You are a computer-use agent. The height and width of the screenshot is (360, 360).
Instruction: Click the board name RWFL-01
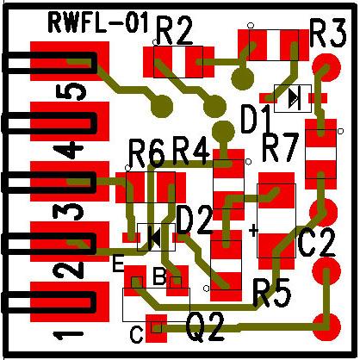coord(99,22)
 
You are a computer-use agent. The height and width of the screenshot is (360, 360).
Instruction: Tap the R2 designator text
coord(174,31)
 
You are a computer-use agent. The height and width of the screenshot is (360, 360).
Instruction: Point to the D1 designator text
coord(256,119)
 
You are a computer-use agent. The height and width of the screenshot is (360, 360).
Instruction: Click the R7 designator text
coord(280,148)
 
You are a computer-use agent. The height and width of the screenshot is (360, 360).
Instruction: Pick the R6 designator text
coord(147,153)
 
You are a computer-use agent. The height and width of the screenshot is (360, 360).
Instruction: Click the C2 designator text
coord(316,243)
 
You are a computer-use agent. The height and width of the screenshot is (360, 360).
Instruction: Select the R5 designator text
coord(271,292)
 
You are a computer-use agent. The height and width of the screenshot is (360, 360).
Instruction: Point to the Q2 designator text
coord(205,327)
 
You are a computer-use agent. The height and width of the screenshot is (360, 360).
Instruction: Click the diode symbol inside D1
coord(295,98)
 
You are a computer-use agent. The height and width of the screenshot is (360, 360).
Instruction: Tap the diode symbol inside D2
coord(154,238)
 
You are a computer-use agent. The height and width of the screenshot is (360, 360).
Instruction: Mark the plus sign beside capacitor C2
coord(253,230)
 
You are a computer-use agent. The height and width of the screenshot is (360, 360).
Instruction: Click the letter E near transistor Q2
coord(118,264)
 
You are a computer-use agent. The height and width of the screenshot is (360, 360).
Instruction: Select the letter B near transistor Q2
coord(159,276)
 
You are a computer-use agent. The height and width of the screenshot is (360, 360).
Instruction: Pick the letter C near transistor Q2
coord(136,334)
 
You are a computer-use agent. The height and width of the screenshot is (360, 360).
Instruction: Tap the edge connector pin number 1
coord(68,334)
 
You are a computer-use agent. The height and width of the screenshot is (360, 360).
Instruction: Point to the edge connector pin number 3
coord(68,212)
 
